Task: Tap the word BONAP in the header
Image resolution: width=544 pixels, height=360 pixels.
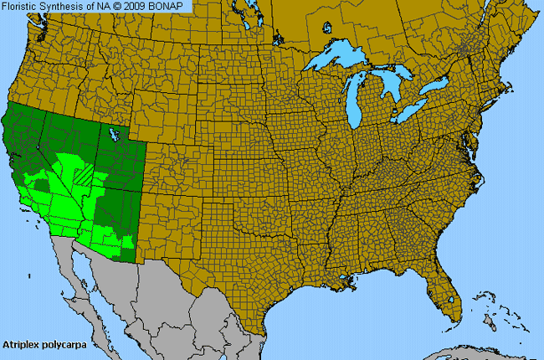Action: point(173,6)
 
